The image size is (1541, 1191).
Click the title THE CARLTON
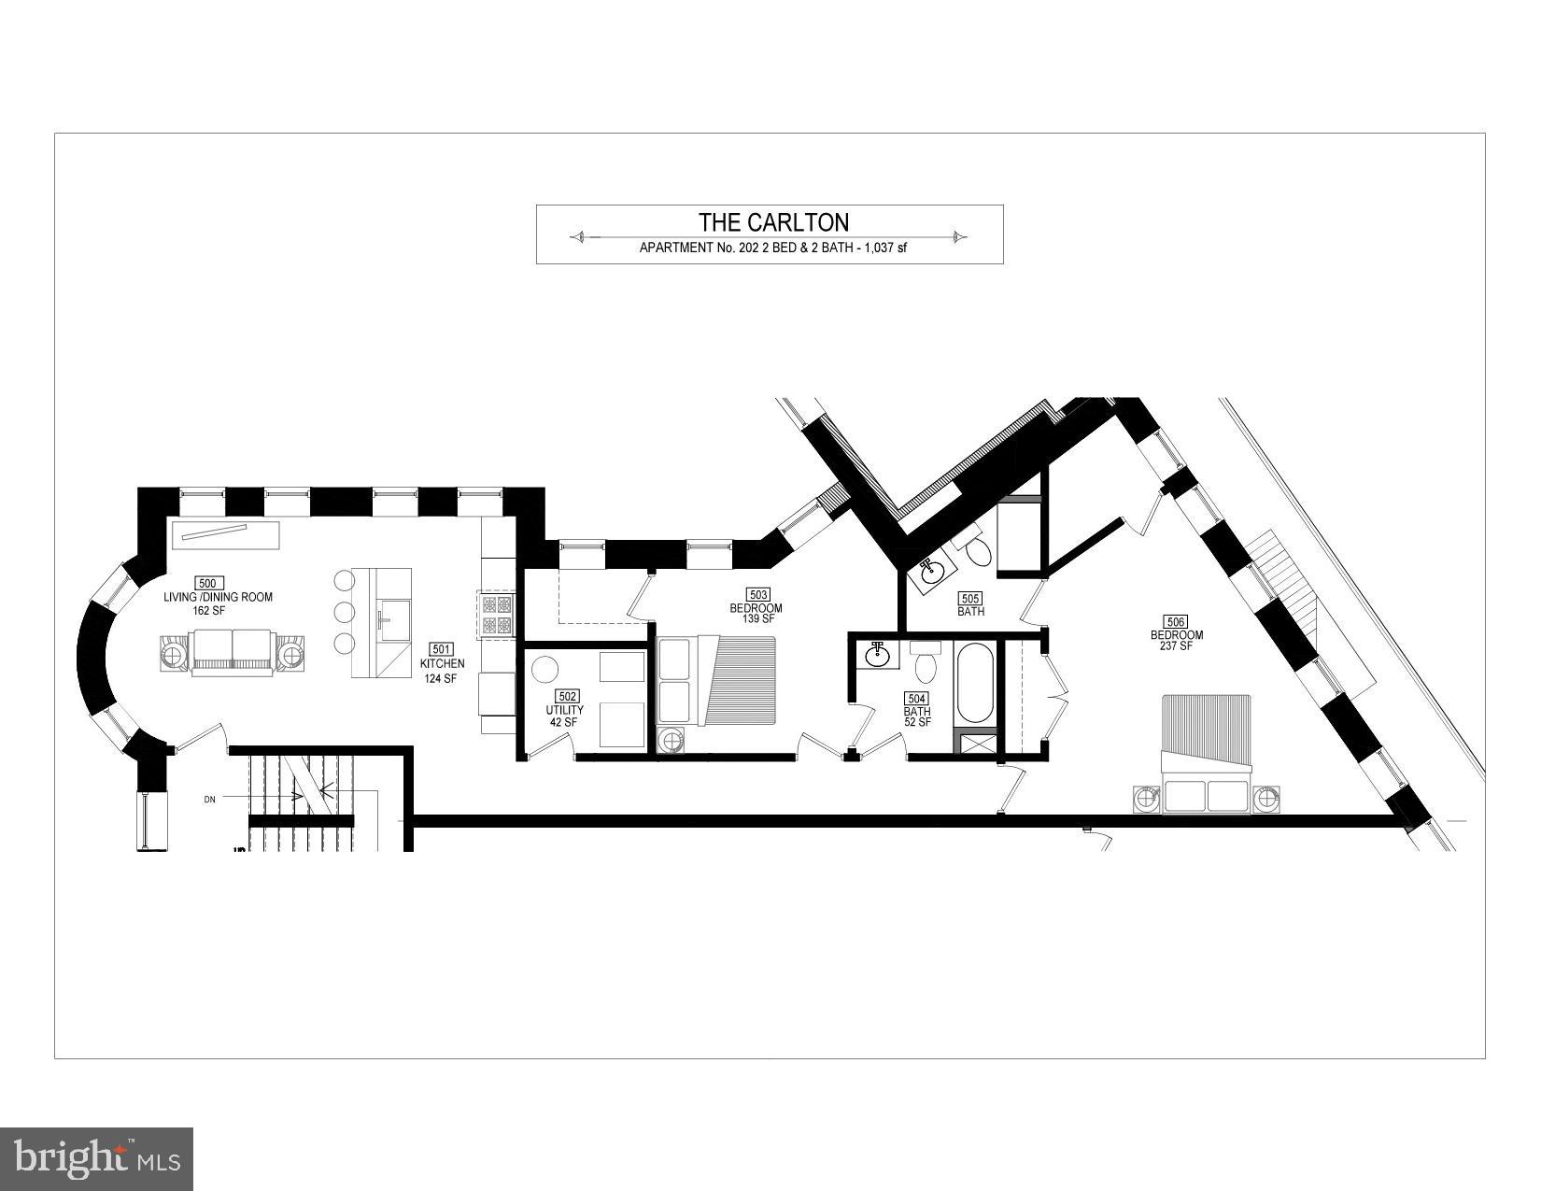click(774, 222)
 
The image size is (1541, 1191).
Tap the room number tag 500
click(207, 584)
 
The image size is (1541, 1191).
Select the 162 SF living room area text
click(206, 611)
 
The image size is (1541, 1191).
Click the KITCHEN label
click(442, 664)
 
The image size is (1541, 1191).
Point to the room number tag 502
click(566, 696)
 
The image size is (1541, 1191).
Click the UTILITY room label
click(565, 710)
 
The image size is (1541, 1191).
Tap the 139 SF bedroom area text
click(756, 619)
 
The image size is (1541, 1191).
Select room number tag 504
click(916, 698)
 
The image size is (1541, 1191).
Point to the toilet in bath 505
click(978, 553)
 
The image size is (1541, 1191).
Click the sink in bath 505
click(930, 574)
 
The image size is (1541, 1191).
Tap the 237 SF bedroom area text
click(1177, 646)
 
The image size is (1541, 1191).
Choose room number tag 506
click(1176, 621)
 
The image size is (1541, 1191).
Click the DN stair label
click(210, 800)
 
